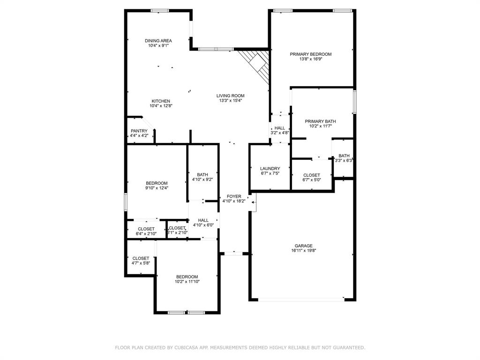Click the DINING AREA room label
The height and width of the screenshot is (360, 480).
158,41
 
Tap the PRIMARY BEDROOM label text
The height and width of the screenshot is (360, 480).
310,54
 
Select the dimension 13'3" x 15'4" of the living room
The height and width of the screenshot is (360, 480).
231,101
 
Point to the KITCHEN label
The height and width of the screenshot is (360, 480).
161,101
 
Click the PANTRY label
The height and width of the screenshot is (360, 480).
139,131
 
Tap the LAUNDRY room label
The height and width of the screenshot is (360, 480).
270,169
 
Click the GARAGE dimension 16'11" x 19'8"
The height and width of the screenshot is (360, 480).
303,251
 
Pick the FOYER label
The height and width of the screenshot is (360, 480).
234,196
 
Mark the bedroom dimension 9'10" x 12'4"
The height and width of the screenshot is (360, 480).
157,188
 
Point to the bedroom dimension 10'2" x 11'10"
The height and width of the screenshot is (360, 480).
187,282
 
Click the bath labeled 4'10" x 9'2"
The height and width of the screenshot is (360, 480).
202,177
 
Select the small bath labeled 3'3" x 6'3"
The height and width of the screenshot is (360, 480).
344,158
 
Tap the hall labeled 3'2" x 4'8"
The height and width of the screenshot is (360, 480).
279,130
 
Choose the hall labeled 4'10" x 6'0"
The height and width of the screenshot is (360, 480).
203,222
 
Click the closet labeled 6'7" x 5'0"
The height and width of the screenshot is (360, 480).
311,177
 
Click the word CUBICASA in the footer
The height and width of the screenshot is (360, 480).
189,348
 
